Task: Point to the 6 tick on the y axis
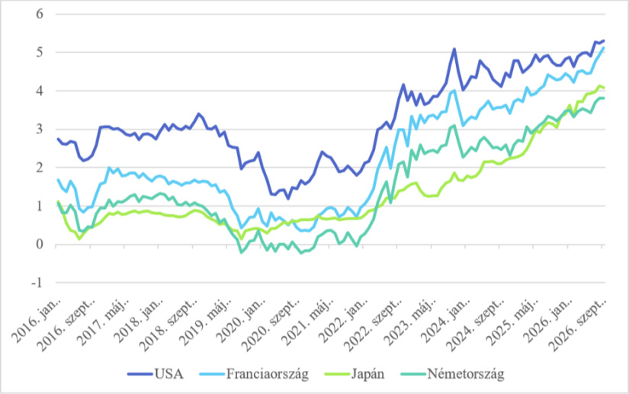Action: [40, 14]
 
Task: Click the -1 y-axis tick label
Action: [37, 283]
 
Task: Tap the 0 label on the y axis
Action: [40, 245]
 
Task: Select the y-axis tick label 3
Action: [40, 129]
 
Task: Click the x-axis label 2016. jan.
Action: [37, 322]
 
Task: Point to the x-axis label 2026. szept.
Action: [578, 325]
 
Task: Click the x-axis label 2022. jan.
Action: [343, 322]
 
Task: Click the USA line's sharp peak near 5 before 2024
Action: [454, 49]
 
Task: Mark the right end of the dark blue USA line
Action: [604, 41]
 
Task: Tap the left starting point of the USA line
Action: [58, 139]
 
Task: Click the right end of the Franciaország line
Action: [604, 48]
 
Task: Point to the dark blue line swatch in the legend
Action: [140, 374]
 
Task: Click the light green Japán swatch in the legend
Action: [337, 374]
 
